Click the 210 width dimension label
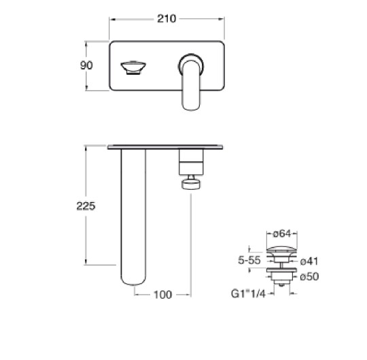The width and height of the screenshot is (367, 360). [x=167, y=19]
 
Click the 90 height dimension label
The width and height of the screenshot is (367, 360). [x=86, y=65]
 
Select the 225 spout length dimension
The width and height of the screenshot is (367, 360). [x=86, y=206]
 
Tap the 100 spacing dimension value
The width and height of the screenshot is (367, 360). [x=162, y=295]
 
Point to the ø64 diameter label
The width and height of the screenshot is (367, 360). [x=282, y=233]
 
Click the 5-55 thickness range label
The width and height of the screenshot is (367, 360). [x=249, y=260]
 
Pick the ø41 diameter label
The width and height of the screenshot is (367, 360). [x=309, y=261]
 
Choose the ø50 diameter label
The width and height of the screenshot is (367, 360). [x=309, y=276]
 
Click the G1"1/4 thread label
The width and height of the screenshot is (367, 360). [x=248, y=294]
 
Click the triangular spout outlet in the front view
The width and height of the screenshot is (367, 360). [x=133, y=68]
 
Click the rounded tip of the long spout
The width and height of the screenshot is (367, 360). [x=133, y=280]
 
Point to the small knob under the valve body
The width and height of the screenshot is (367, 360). [x=191, y=184]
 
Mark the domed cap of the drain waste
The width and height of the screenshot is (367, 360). [x=282, y=249]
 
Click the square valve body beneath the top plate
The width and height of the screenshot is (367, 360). [x=191, y=162]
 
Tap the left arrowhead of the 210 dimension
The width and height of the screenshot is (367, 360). [x=112, y=20]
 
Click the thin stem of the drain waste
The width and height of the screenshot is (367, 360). [x=282, y=265]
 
